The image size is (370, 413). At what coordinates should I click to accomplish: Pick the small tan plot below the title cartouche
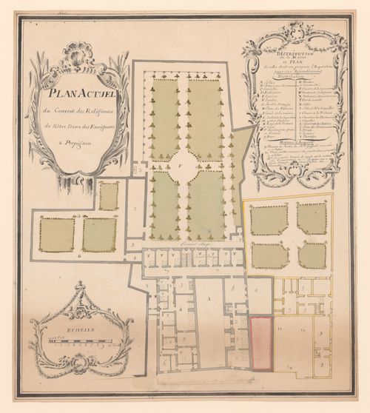[x=109, y=196]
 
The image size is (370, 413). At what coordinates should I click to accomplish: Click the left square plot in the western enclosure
[x=56, y=234]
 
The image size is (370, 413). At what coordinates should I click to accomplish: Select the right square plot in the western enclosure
[x=99, y=234]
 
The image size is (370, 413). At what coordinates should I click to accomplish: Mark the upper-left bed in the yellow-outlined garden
[x=269, y=220]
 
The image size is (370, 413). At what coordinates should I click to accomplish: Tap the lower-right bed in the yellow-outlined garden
[x=312, y=255]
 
